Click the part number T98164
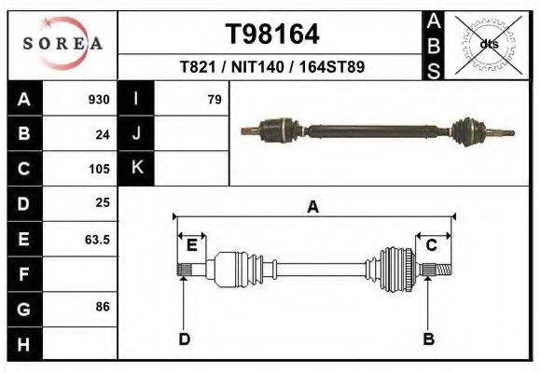(272, 35)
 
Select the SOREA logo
(62, 44)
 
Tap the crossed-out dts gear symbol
(488, 43)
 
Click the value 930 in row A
(98, 100)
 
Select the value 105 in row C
(98, 169)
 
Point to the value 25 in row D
(103, 202)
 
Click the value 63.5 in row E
(97, 239)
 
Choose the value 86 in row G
(103, 306)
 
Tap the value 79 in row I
(214, 100)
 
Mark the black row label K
(136, 169)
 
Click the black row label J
(136, 134)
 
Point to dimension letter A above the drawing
(312, 207)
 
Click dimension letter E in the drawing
(192, 245)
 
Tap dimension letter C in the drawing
(432, 245)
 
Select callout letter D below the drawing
(185, 338)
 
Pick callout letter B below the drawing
(428, 338)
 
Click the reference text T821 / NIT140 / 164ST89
(272, 67)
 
